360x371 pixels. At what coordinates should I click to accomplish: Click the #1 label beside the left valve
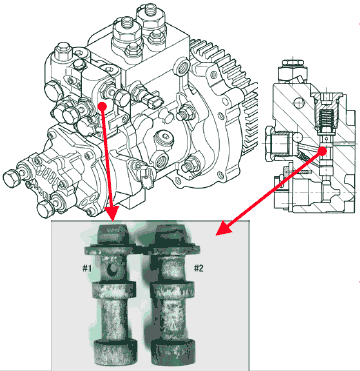pos(87,268)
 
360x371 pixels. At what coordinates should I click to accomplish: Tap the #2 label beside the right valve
pos(198,268)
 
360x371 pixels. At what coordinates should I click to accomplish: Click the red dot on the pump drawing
pos(102,106)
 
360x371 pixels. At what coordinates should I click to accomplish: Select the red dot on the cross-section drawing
pos(322,151)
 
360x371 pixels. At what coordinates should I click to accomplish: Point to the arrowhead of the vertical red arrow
pos(112,214)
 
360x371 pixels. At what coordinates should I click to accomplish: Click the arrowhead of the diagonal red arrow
pos(224,229)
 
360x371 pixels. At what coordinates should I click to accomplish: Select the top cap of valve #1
pos(113,234)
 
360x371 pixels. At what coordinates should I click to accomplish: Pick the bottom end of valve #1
pos(115,352)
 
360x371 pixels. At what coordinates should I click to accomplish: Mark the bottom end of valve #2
pos(173,352)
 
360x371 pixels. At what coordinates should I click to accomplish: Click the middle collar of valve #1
pos(114,290)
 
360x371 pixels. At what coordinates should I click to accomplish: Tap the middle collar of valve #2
pos(172,290)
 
